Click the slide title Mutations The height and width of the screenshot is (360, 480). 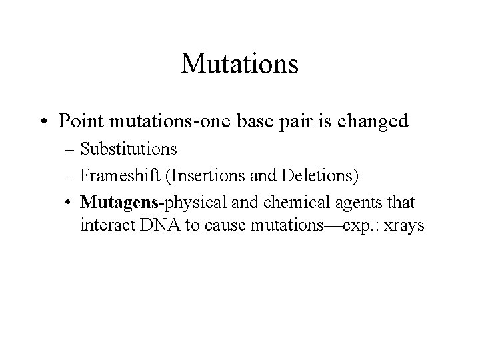point(239,64)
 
